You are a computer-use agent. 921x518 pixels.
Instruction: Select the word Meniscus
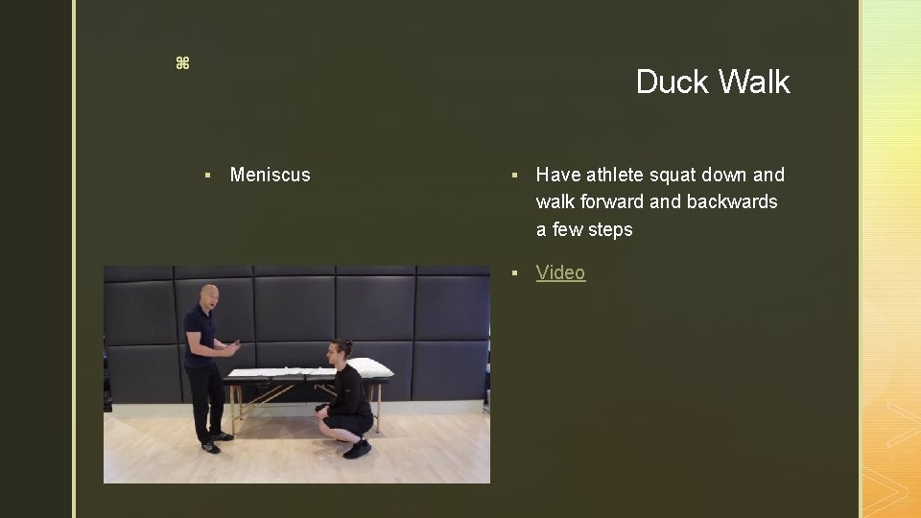271,175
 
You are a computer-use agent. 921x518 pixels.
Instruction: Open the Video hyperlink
560,272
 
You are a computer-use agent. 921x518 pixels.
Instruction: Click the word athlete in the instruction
614,175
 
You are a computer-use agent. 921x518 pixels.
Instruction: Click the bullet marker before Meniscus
207,175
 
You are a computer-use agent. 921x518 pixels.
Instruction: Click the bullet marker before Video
515,273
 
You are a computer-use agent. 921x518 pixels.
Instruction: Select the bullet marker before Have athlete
515,175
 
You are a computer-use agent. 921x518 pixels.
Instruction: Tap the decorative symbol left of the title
182,63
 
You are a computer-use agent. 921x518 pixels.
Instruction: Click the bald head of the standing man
208,294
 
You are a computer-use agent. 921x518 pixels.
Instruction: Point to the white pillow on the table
370,367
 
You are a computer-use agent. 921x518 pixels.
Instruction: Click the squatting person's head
342,351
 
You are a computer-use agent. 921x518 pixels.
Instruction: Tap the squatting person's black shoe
357,448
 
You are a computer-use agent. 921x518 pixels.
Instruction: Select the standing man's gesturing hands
230,347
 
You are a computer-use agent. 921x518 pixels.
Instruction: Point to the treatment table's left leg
232,408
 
